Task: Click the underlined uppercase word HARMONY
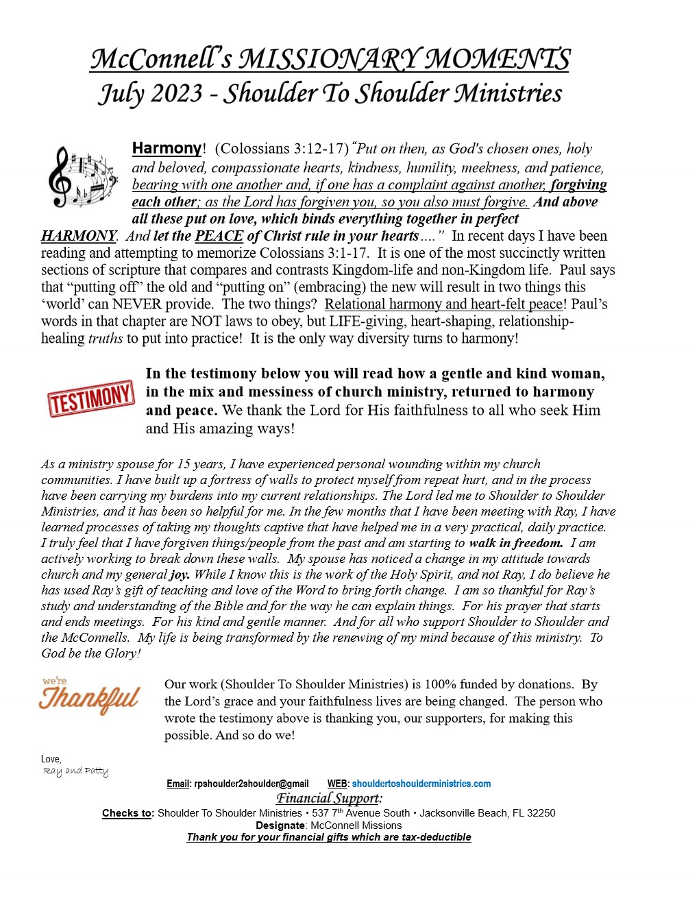(x=78, y=236)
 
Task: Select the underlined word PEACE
(x=219, y=236)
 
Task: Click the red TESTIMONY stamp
(x=90, y=398)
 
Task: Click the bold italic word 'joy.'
(x=180, y=575)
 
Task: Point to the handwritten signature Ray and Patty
(x=75, y=771)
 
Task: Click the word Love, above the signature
(x=51, y=759)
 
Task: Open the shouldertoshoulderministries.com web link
(x=421, y=784)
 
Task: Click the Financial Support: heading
(x=329, y=798)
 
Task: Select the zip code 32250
(x=541, y=813)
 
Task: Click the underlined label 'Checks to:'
(x=128, y=813)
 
